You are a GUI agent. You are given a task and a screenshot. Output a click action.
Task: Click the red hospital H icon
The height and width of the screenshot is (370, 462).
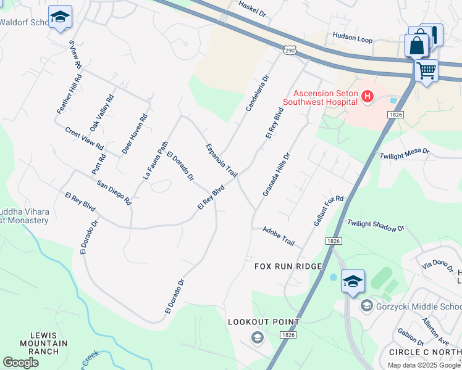tap(367, 96)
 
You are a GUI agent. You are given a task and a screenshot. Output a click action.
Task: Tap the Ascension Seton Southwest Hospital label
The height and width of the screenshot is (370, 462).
tap(321, 97)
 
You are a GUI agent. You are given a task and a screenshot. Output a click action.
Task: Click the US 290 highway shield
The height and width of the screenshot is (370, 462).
tap(290, 49)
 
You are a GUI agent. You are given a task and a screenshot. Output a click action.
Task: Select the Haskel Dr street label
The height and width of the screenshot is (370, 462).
tap(252, 8)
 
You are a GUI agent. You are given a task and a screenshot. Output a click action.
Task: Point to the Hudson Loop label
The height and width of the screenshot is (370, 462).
tap(353, 39)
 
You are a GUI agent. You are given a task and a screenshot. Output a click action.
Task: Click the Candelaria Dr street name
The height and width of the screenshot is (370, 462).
tap(258, 93)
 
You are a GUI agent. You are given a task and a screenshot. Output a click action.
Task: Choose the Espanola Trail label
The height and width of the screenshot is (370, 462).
tap(221, 160)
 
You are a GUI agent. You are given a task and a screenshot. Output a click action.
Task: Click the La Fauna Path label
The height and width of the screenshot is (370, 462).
tap(155, 160)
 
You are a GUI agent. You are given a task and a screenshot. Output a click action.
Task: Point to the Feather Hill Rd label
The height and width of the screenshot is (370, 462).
tap(69, 94)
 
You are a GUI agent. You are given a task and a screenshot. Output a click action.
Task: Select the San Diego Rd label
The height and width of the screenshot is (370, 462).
tap(114, 192)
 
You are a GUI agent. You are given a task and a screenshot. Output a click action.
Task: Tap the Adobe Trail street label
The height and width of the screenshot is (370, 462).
tap(279, 234)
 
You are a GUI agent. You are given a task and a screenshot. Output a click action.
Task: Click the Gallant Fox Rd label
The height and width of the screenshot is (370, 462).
tap(328, 210)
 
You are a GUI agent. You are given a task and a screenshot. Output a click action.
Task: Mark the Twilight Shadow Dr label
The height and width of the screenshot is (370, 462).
tap(376, 225)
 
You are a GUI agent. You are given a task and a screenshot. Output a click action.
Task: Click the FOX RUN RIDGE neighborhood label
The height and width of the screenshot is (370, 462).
tap(288, 266)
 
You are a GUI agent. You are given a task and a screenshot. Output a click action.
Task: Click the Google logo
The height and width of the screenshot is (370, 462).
tap(20, 363)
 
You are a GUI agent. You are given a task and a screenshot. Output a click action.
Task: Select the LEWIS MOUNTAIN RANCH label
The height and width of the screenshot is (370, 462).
tap(40, 343)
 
